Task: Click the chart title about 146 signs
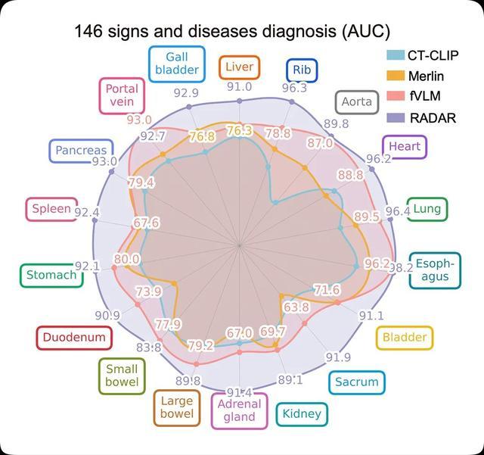[232, 31]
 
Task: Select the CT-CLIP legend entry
[423, 55]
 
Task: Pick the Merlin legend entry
[415, 76]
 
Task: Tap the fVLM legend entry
[414, 96]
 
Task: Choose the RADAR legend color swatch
[396, 118]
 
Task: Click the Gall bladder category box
[177, 64]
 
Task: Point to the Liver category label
[239, 67]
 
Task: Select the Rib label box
[302, 70]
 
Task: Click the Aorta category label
[356, 102]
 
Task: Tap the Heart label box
[405, 147]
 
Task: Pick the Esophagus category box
[435, 270]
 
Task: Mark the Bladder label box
[405, 338]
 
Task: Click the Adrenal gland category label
[240, 411]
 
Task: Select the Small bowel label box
[122, 376]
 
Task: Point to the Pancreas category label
[81, 151]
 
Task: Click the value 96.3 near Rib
[294, 88]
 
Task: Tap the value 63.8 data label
[296, 307]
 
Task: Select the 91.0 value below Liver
[239, 87]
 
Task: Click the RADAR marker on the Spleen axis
[95, 220]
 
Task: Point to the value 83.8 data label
[149, 347]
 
